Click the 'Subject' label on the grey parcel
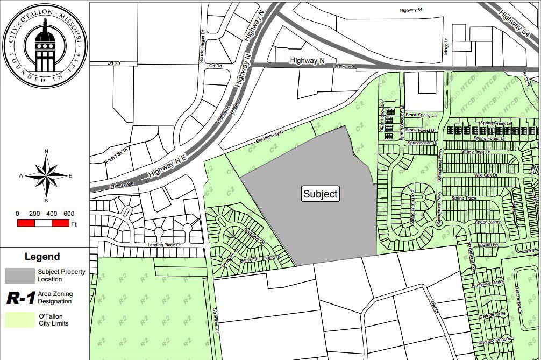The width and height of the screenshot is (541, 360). [x=321, y=194]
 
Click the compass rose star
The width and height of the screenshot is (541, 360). [x=47, y=175]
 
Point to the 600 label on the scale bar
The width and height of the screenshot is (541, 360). [x=69, y=214]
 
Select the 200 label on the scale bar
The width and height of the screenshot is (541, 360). [x=34, y=214]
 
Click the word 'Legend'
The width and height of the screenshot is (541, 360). [x=42, y=257]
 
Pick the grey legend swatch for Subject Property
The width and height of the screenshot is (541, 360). [x=19, y=275]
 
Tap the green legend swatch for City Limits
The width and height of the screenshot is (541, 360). [x=19, y=320]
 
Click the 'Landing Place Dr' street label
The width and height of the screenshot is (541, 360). [x=165, y=245]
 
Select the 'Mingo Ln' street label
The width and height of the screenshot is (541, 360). [x=447, y=43]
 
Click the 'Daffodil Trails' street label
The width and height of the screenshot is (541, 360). [x=494, y=314]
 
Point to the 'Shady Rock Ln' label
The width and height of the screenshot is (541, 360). [x=476, y=152]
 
